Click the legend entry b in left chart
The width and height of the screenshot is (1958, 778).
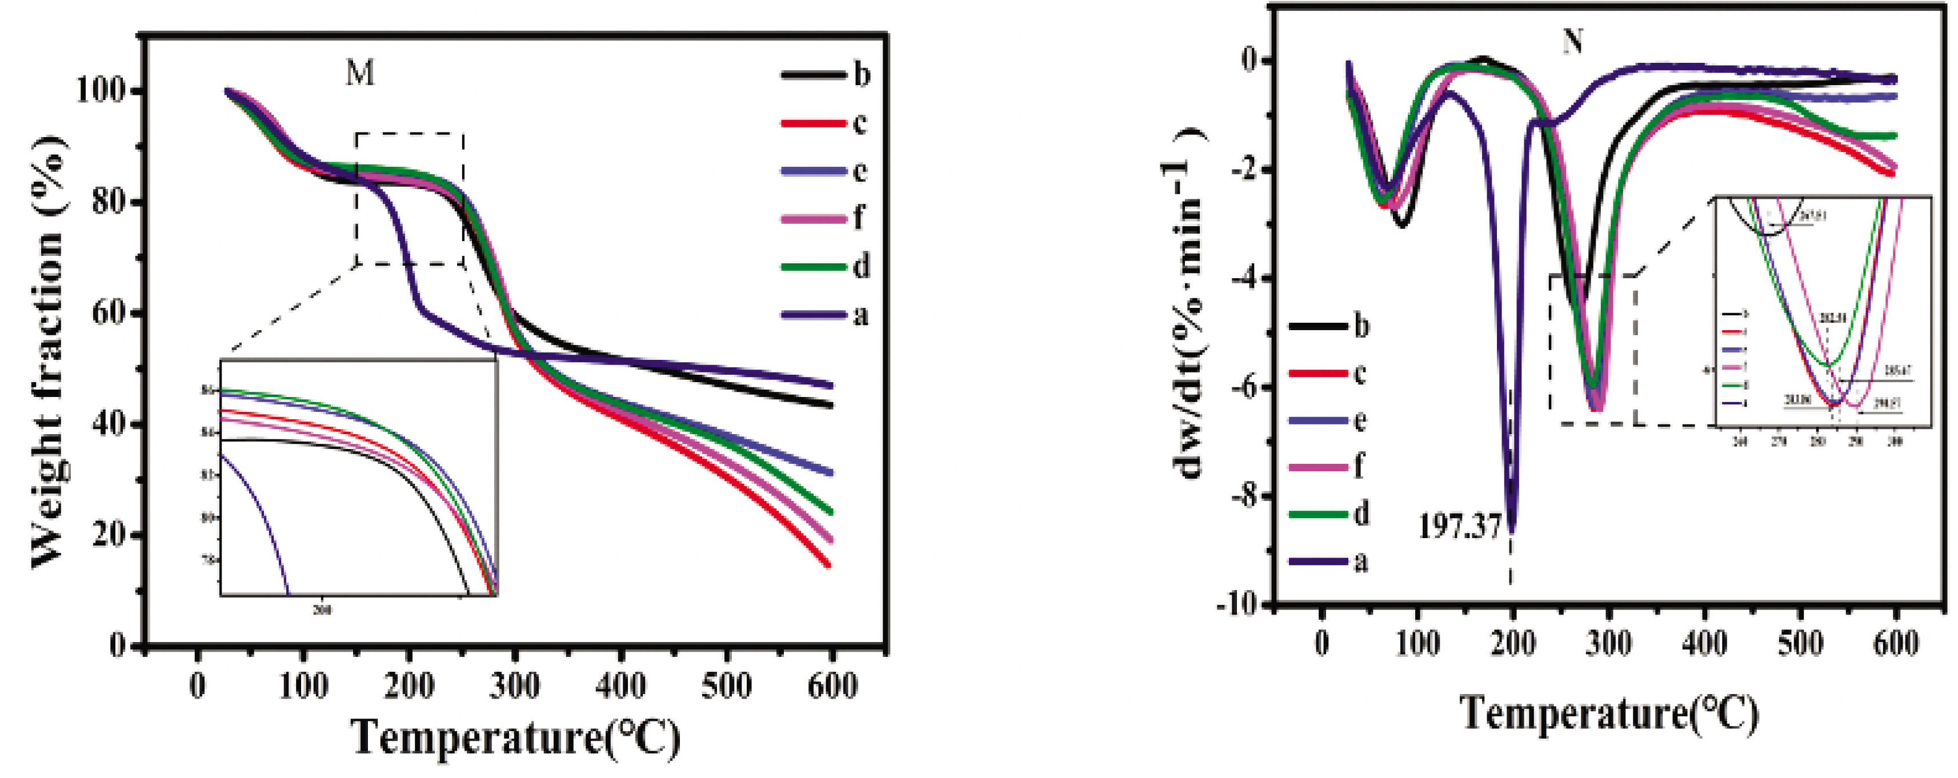(860, 75)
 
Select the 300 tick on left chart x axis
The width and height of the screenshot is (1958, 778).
(515, 686)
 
